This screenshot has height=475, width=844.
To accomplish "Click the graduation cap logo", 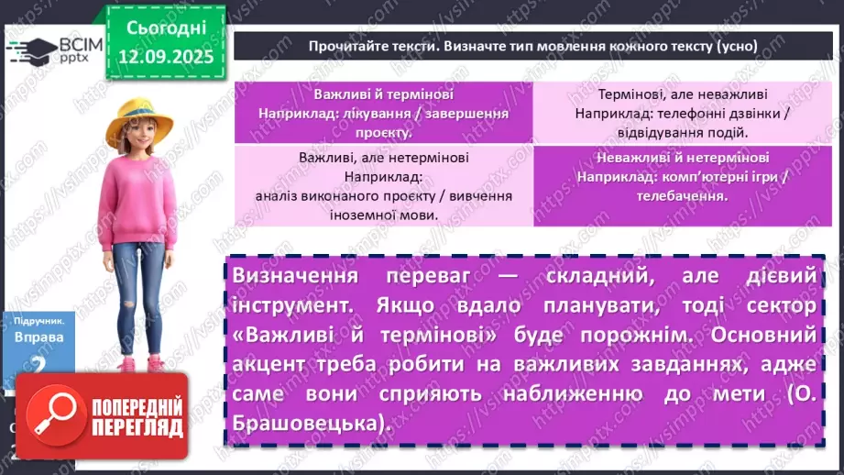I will coord(29,50).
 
